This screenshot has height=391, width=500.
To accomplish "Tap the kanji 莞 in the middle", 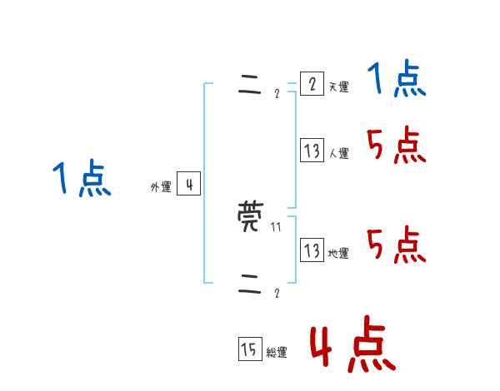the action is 250,217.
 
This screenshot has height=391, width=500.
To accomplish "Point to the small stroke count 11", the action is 276,226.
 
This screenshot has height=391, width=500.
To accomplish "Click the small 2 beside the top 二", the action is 277,94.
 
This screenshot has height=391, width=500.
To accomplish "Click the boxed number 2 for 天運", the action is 312,85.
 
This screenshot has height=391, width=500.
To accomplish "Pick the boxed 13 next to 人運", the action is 312,151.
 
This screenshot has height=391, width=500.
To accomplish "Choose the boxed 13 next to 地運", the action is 312,251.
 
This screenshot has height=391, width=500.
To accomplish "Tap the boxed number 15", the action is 248,350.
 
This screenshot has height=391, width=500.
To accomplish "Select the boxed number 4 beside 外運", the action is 188,185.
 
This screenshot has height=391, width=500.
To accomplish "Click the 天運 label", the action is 338,87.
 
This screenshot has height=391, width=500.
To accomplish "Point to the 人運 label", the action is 338,154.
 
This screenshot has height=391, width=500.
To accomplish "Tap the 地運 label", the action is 338,254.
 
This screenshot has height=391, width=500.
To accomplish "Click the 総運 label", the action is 276,353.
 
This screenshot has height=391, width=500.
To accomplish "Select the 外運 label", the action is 161,187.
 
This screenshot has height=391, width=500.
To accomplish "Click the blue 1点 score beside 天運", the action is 397,81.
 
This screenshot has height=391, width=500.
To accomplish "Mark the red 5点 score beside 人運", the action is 397,146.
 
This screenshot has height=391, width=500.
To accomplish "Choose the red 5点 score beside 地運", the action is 397,246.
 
